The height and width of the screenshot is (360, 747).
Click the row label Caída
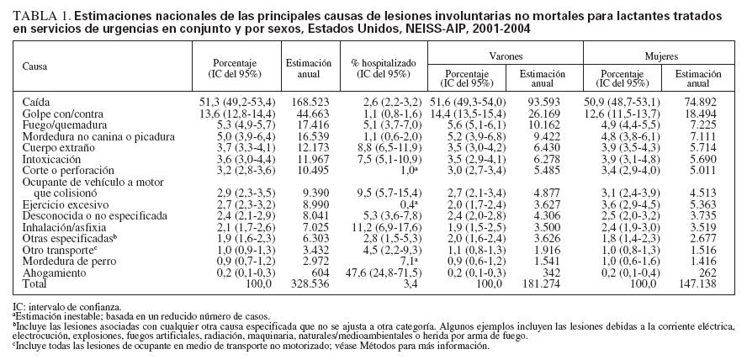coord(36,101)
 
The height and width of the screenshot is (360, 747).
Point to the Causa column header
coord(35,65)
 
